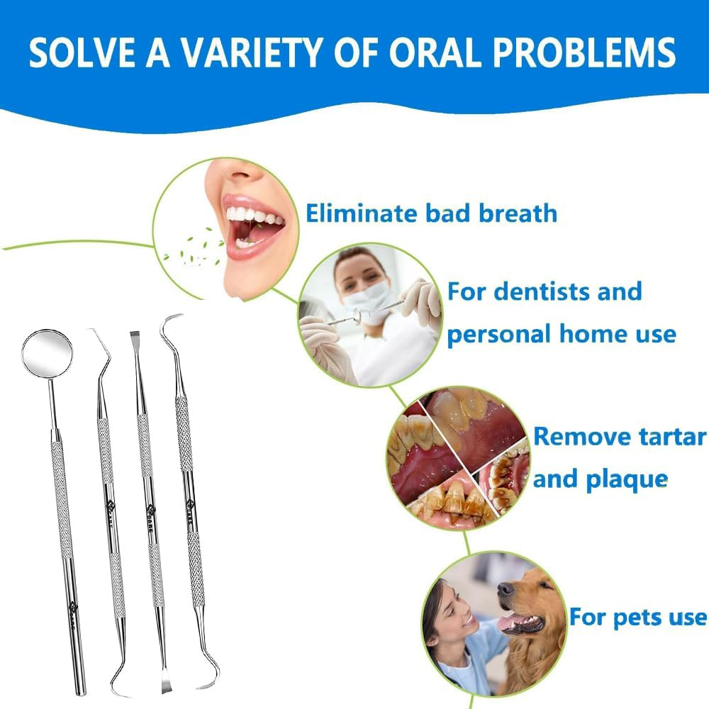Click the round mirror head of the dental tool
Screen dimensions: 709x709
pyautogui.click(x=47, y=352)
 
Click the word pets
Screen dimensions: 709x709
pyautogui.click(x=637, y=618)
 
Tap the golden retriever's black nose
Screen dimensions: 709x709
pyautogui.click(x=506, y=588)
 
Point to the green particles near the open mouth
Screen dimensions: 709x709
pyautogui.click(x=192, y=249)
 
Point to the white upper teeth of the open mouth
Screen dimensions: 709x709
pyautogui.click(x=253, y=216)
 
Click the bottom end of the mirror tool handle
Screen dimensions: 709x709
pyautogui.click(x=81, y=692)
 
